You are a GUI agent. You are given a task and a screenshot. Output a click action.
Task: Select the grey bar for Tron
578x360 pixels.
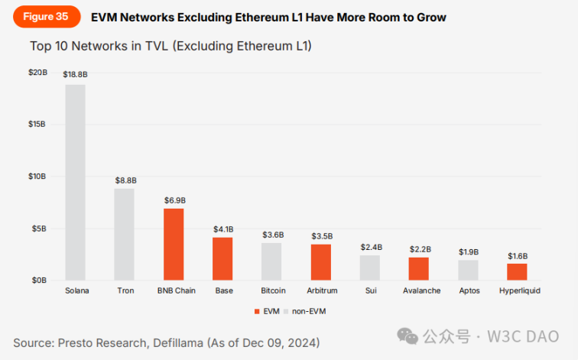125,234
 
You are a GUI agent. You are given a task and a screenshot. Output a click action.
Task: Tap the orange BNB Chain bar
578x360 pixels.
174,244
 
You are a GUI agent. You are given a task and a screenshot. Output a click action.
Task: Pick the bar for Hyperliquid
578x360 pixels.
517,271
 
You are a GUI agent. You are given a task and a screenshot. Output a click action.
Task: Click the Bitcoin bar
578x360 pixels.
271,261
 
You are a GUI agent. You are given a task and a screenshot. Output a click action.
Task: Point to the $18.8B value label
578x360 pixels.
75,75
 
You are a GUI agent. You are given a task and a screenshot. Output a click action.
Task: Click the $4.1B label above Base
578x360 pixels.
222,229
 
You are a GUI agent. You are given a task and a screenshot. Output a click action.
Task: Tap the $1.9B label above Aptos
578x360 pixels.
468,251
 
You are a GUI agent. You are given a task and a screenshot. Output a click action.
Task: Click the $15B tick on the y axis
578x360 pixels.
37,124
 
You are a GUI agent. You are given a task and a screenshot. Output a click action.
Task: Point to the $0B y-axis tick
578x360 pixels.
38,281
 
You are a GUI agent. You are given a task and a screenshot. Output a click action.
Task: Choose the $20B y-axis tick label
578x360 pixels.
36,72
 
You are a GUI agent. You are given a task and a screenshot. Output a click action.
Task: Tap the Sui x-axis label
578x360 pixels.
370,291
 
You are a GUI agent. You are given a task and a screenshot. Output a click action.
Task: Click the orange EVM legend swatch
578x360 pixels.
257,312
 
